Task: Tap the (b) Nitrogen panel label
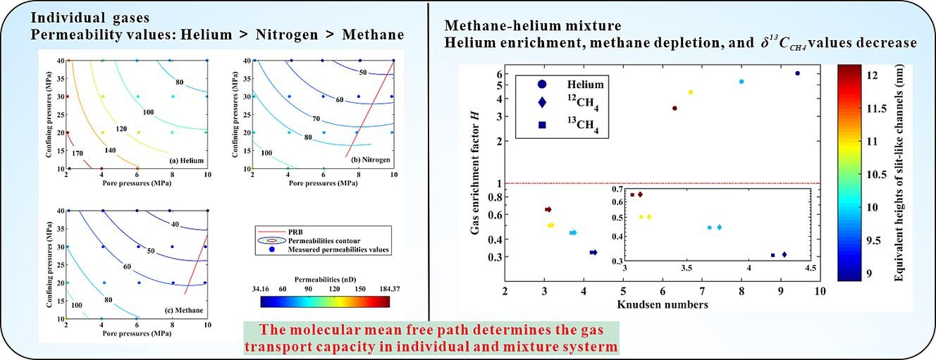click(x=368, y=161)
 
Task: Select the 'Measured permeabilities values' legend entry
click(x=333, y=249)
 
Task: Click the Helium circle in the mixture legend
click(x=541, y=85)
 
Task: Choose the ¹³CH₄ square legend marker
click(x=541, y=125)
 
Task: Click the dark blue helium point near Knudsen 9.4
click(x=797, y=73)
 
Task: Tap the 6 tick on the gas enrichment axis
click(x=498, y=74)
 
